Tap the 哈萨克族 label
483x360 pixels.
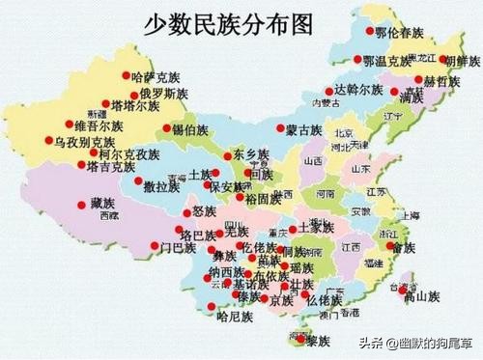point(156,76)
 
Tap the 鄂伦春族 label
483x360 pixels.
point(399,32)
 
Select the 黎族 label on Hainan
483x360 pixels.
point(316,341)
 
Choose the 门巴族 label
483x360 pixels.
point(179,248)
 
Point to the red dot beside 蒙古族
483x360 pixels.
point(280,130)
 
